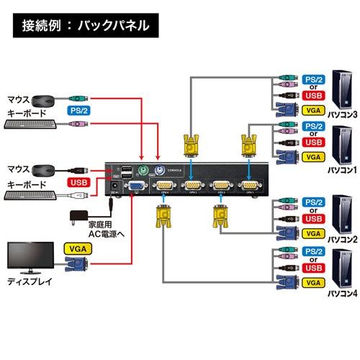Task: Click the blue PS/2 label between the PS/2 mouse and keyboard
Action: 80,111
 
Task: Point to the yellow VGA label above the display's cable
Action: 80,248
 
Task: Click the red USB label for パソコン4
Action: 311,269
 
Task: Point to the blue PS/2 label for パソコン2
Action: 311,201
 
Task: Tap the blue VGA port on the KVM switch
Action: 134,187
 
